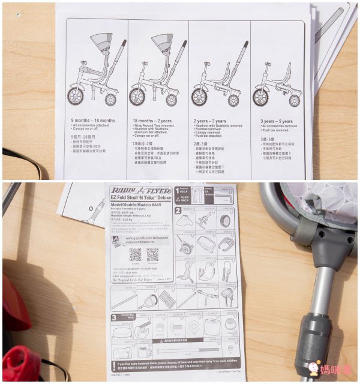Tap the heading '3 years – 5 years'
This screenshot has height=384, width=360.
click(277, 121)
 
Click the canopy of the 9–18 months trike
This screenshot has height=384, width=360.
click(101, 43)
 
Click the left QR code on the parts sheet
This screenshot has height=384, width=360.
click(135, 254)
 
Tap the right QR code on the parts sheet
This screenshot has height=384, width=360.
click(152, 254)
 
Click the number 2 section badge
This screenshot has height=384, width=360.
click(178, 211)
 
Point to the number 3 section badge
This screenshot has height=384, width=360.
click(115, 317)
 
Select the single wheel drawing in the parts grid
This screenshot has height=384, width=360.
click(226, 221)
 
